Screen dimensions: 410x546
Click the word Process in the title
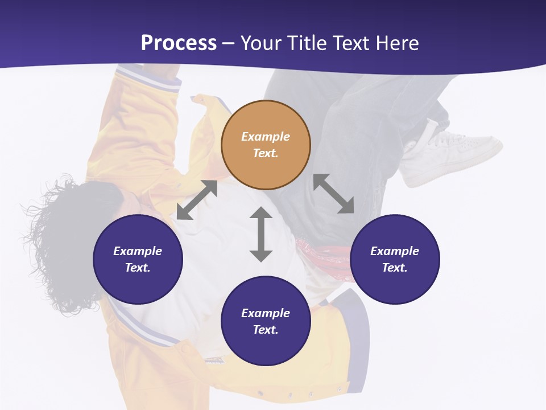179,43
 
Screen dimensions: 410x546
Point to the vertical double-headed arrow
261,234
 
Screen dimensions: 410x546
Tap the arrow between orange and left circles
197,200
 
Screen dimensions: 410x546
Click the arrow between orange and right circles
334,194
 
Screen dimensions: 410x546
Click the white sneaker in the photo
455,154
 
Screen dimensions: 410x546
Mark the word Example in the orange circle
266,137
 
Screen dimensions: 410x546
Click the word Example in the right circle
395,251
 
